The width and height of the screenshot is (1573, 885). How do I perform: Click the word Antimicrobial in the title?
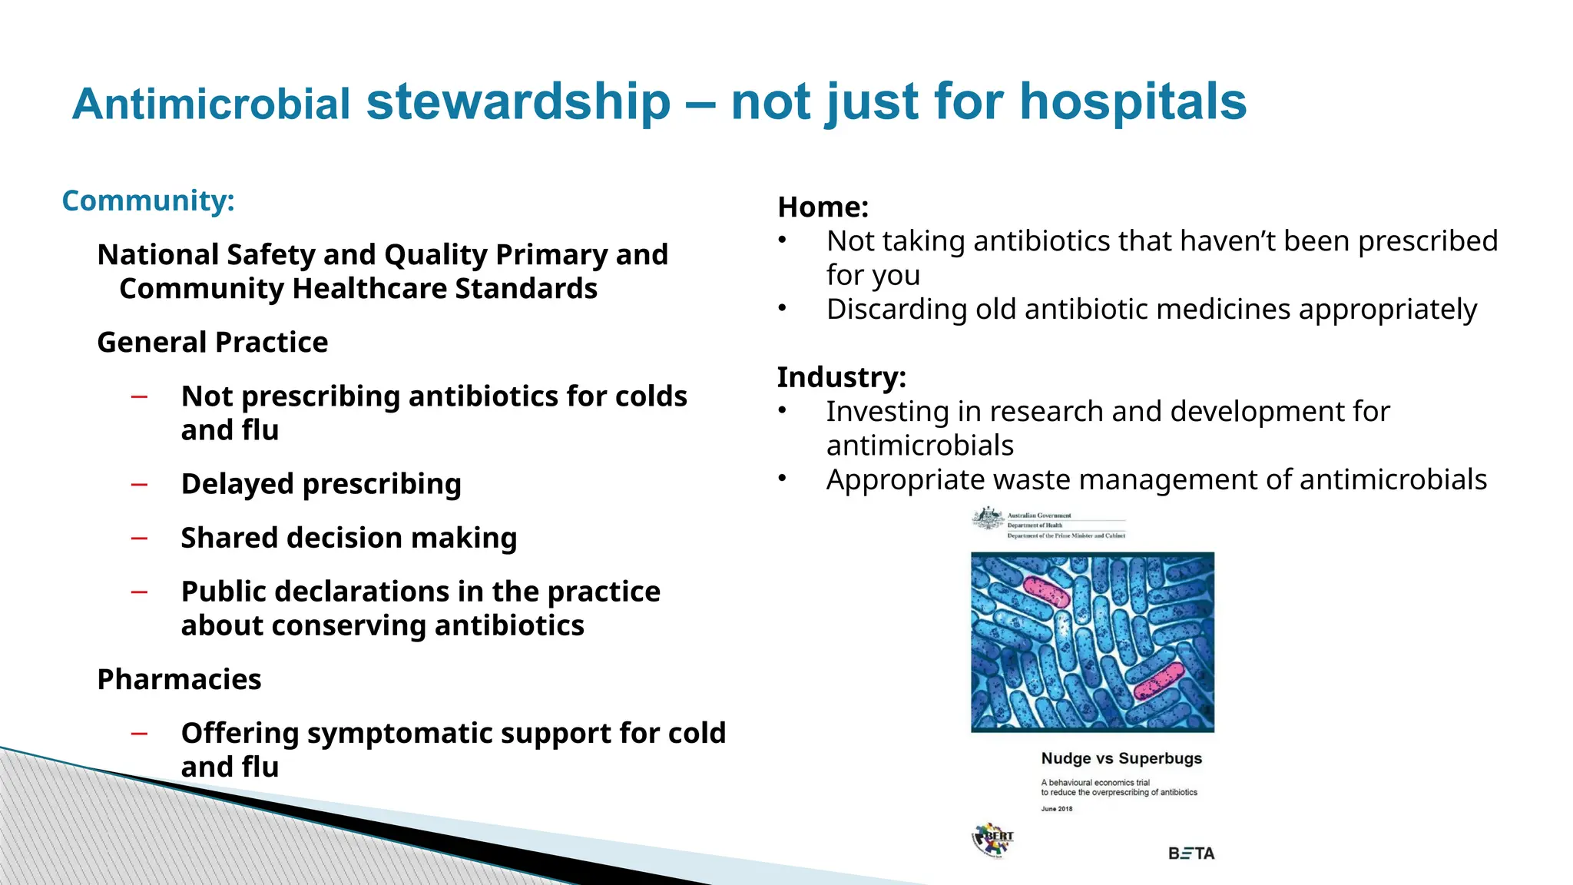pos(211,104)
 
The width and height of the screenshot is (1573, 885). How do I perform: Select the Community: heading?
pos(148,201)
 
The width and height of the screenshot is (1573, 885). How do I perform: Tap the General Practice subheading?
pos(212,342)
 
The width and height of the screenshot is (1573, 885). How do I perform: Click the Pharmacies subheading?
pos(179,679)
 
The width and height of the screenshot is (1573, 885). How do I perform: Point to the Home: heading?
pos(823,207)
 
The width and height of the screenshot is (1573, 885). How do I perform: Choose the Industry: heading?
pos(841,377)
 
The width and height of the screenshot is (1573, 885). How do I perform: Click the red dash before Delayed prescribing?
pos(139,485)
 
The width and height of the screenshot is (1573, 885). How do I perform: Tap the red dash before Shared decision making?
pos(139,539)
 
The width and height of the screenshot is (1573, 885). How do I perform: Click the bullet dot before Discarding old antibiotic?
pos(782,309)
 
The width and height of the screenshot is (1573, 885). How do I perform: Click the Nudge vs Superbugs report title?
pos(1121,758)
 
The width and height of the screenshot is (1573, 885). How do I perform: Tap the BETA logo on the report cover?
pos(1191,854)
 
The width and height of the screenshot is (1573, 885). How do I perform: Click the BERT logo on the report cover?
pos(993,840)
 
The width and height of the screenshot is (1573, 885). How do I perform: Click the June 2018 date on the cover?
pos(1056,809)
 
